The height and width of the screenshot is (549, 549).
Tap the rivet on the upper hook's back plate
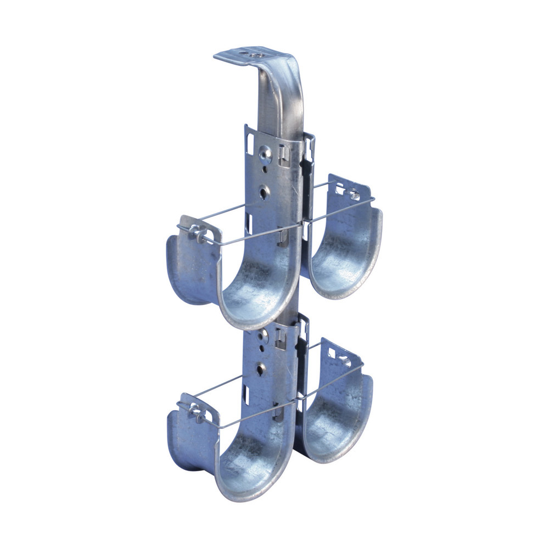coord(266,156)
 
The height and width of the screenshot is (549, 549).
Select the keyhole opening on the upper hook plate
coord(265,192)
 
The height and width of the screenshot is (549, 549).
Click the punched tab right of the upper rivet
coord(284,155)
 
